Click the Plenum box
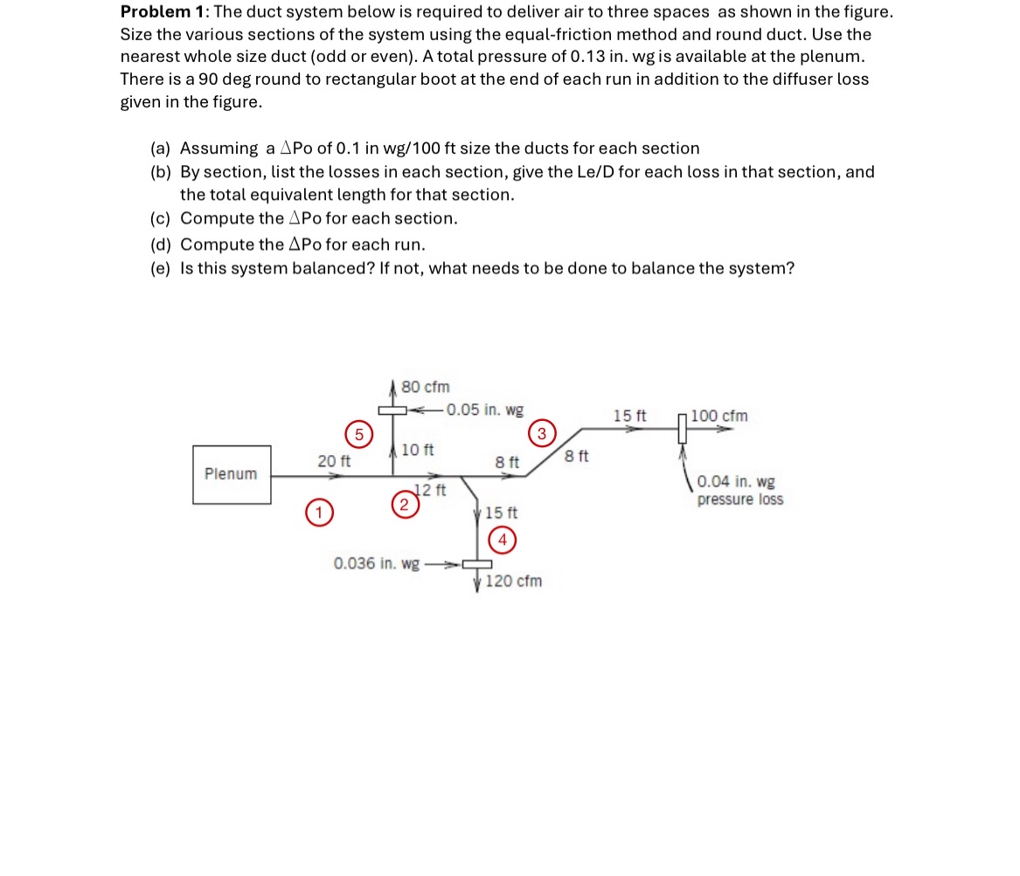232,474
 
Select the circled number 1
320,513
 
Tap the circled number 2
403,504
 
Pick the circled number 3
542,433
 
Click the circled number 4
502,540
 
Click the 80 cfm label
426,387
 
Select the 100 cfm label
719,416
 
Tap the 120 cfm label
513,581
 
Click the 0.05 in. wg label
485,410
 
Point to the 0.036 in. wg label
376,563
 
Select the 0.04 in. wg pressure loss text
739,491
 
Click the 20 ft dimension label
334,460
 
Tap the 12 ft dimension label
430,490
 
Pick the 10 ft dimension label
417,450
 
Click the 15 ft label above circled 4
501,513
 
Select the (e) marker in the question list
161,268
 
